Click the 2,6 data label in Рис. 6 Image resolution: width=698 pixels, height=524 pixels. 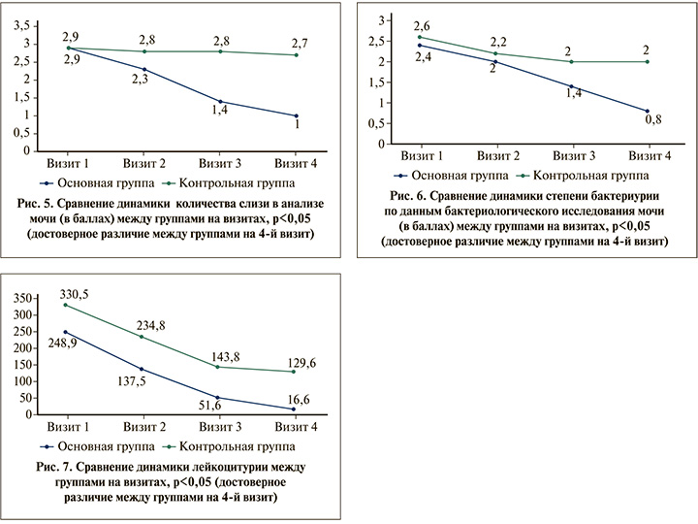422,25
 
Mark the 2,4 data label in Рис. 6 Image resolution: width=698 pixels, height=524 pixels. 423,56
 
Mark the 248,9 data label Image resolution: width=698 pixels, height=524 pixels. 61,345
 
